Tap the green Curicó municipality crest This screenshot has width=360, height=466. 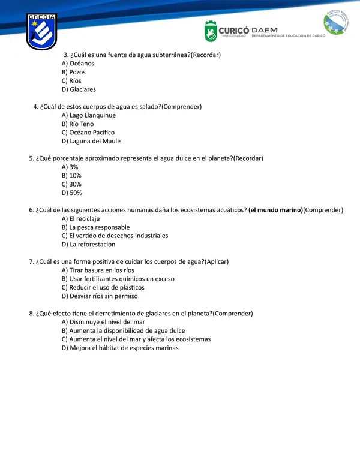tap(211, 31)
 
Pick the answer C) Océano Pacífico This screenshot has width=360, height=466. tap(88, 133)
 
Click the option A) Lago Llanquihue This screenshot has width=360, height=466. tap(89, 115)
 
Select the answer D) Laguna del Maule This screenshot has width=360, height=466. tap(91, 141)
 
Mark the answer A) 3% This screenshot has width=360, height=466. tap(70, 167)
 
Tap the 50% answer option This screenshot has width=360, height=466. tap(72, 193)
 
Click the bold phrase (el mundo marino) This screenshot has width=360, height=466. tap(275, 210)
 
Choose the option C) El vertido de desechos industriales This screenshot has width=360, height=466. tap(115, 236)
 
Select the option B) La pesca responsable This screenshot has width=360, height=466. tap(96, 227)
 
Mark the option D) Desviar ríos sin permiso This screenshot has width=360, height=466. tap(100, 296)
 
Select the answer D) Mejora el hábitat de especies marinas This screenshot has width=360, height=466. tap(120, 348)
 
